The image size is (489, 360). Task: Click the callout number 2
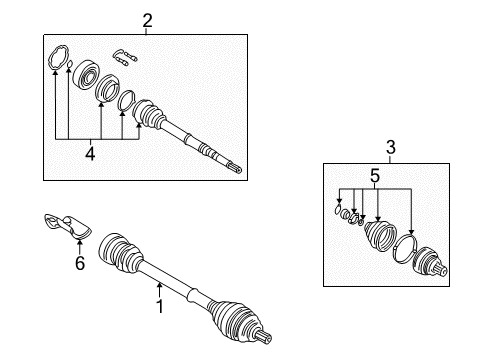click(x=147, y=21)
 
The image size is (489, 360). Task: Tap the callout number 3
click(x=391, y=147)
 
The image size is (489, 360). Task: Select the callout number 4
click(x=90, y=154)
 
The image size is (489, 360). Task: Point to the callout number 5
click(x=375, y=176)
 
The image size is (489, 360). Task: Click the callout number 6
click(x=80, y=263)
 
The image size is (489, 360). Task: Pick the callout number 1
click(x=160, y=306)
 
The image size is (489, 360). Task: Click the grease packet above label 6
click(x=68, y=226)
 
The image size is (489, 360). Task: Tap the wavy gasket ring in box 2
click(x=58, y=57)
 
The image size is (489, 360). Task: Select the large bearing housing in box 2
click(x=86, y=74)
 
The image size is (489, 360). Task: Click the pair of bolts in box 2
click(x=125, y=58)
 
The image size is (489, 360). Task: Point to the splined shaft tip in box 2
click(x=237, y=168)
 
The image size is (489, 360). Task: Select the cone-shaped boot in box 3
click(x=380, y=235)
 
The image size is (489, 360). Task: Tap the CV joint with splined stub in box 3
click(x=430, y=263)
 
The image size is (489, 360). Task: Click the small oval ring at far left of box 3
click(x=338, y=210)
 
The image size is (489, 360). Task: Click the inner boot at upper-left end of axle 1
click(x=120, y=253)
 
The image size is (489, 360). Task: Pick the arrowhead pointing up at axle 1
click(x=160, y=285)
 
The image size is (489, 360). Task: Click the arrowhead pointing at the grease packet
click(x=80, y=243)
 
